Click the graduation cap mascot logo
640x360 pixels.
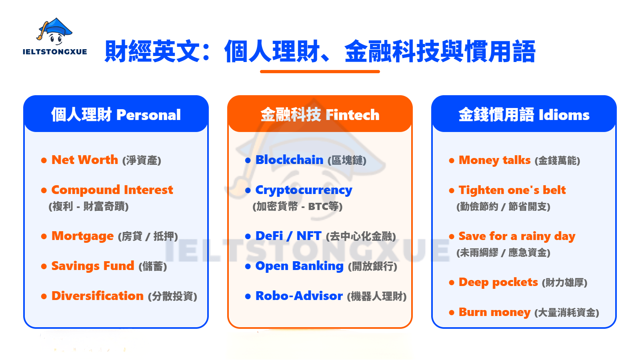pos(55,31)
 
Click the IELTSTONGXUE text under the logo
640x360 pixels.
pos(55,52)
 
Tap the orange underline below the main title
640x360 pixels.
pos(320,72)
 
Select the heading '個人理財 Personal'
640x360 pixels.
pos(116,115)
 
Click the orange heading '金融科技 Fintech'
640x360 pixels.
pos(320,115)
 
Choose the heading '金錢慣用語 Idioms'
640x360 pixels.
pos(524,115)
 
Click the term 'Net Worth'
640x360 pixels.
pos(85,160)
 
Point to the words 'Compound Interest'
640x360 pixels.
pos(112,190)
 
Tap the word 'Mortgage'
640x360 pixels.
pos(82,236)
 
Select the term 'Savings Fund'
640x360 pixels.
pos(93,266)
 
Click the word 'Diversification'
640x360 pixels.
pos(98,296)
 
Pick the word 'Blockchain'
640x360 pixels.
pos(289,160)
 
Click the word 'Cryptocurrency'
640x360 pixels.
pos(304,190)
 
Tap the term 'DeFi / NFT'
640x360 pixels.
pos(288,236)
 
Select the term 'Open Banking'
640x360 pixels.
pos(299,266)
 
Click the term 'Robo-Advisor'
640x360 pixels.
pos(299,296)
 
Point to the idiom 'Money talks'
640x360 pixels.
pos(494,160)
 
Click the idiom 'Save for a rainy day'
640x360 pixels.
pos(517,236)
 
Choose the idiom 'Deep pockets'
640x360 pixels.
pos(498,282)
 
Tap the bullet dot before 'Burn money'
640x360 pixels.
pos(452,313)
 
